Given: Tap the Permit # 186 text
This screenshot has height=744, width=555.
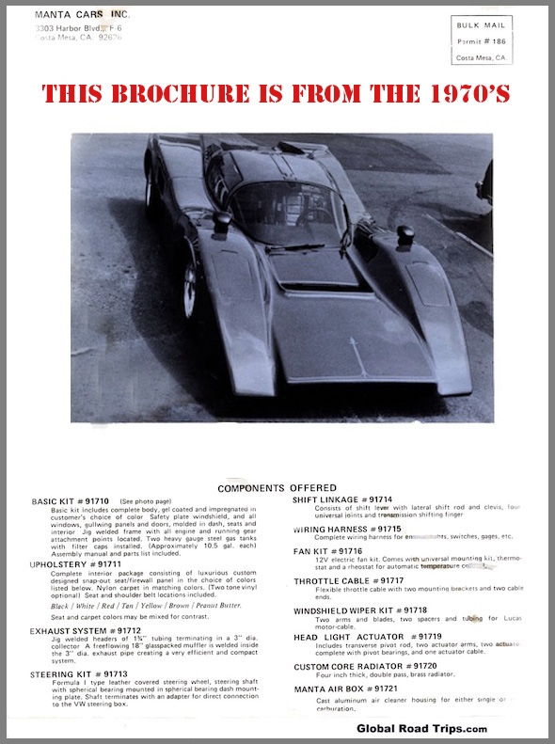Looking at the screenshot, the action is tap(481, 42).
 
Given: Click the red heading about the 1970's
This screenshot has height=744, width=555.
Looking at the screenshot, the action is tap(277, 93).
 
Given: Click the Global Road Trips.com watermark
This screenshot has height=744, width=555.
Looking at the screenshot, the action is tap(421, 729).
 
